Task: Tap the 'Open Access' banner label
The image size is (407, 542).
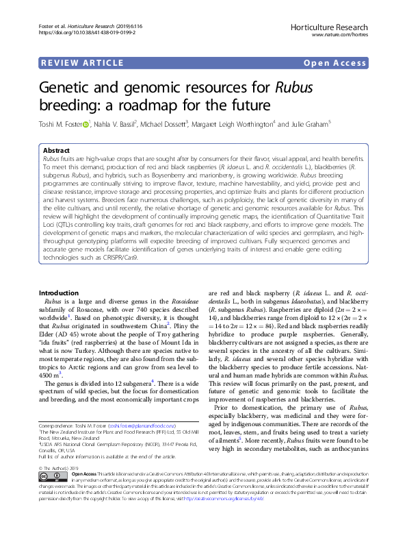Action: (x=335, y=64)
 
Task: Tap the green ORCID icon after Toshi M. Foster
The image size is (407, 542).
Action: (x=87, y=124)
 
